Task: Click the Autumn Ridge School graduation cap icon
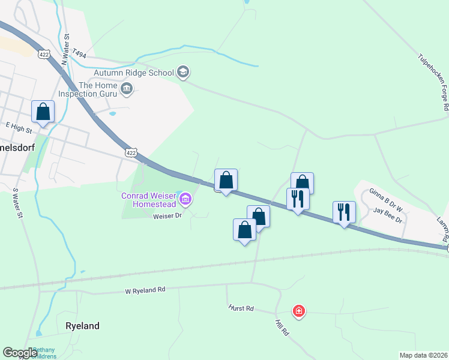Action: click(x=183, y=73)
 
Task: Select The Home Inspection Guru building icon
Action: click(x=127, y=89)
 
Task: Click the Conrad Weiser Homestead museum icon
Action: click(x=185, y=199)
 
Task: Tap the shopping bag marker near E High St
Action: click(x=43, y=112)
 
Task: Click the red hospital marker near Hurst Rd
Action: click(x=298, y=311)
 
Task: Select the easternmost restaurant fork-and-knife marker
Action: click(x=345, y=212)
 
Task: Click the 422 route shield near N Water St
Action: click(x=43, y=54)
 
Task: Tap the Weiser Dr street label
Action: click(x=167, y=215)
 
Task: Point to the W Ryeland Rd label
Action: click(x=145, y=290)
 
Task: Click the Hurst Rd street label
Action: click(x=241, y=308)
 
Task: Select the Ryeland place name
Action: click(x=82, y=326)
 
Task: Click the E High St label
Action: click(x=17, y=125)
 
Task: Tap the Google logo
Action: click(x=20, y=353)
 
